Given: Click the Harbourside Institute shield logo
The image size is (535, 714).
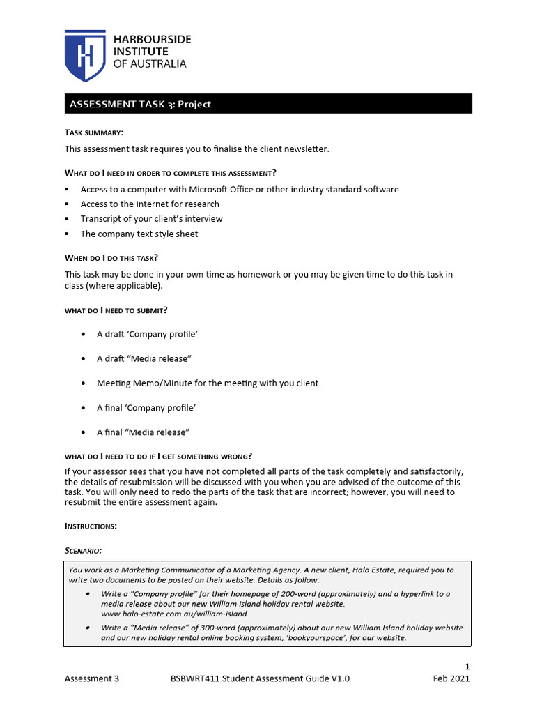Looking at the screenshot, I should click(x=85, y=55).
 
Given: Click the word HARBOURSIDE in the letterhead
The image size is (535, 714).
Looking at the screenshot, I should click(x=151, y=40).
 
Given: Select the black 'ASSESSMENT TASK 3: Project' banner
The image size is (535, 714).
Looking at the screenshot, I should click(x=268, y=104).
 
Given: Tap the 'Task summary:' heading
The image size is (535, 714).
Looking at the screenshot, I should click(x=94, y=132).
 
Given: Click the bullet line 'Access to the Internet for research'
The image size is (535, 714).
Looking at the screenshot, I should click(x=150, y=204).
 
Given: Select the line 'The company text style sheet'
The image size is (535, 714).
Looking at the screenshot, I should click(x=139, y=234).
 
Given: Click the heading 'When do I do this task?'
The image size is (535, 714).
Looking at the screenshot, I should click(x=111, y=258).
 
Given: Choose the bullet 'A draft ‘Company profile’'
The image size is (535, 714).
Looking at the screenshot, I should click(x=147, y=335).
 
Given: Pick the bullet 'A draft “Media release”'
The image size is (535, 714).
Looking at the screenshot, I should click(x=144, y=359).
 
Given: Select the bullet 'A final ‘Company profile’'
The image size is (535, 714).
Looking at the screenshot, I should click(x=147, y=408).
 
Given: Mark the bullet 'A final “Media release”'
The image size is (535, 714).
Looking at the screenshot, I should click(x=144, y=432).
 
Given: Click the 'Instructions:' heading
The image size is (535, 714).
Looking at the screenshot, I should click(x=91, y=525).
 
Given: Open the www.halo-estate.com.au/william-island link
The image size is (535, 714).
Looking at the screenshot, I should click(x=174, y=614).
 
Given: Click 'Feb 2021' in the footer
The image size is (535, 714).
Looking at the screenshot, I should click(x=451, y=678).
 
